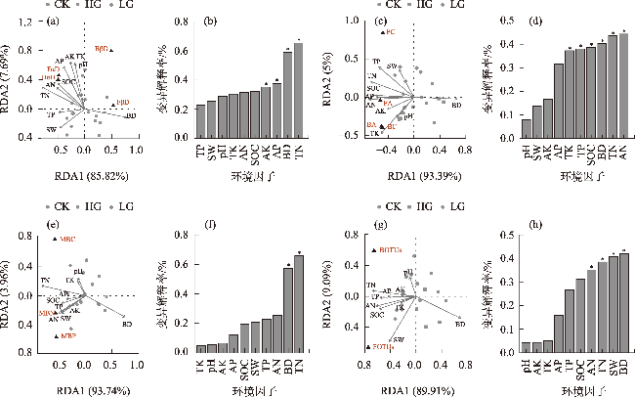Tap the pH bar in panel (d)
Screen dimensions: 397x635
[528, 128]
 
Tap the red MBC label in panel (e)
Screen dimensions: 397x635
[67, 238]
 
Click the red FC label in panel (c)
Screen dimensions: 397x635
[390, 32]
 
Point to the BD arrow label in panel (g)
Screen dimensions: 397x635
[460, 324]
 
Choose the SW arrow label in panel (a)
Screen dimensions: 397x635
[50, 129]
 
